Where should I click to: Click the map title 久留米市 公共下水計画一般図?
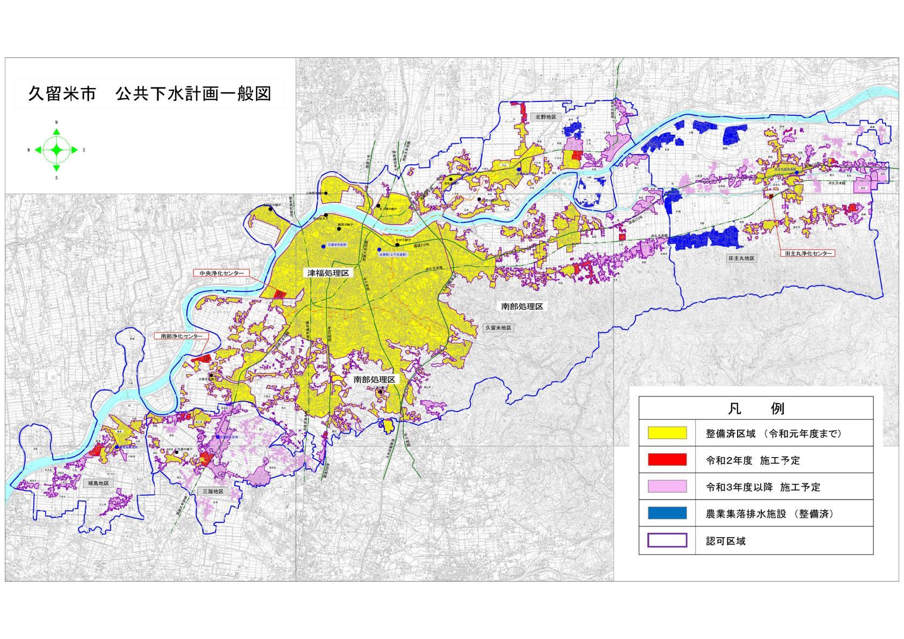[x=150, y=93]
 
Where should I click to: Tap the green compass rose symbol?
[x=56, y=150]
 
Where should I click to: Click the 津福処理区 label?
[x=328, y=273]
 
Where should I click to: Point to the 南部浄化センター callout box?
[x=182, y=336]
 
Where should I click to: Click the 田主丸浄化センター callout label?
[x=807, y=253]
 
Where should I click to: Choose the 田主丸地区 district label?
[x=741, y=258]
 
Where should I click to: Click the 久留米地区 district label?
[x=498, y=327]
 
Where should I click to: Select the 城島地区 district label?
[x=98, y=483]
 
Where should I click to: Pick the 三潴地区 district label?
[x=213, y=491]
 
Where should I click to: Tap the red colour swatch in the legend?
[x=667, y=460]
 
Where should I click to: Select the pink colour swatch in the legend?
[x=667, y=487]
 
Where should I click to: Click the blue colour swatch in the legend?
[x=667, y=513]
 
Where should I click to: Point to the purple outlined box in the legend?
[x=667, y=540]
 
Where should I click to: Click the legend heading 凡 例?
[x=756, y=409]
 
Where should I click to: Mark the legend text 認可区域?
[x=726, y=541]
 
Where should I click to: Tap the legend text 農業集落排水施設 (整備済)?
[x=769, y=514]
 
